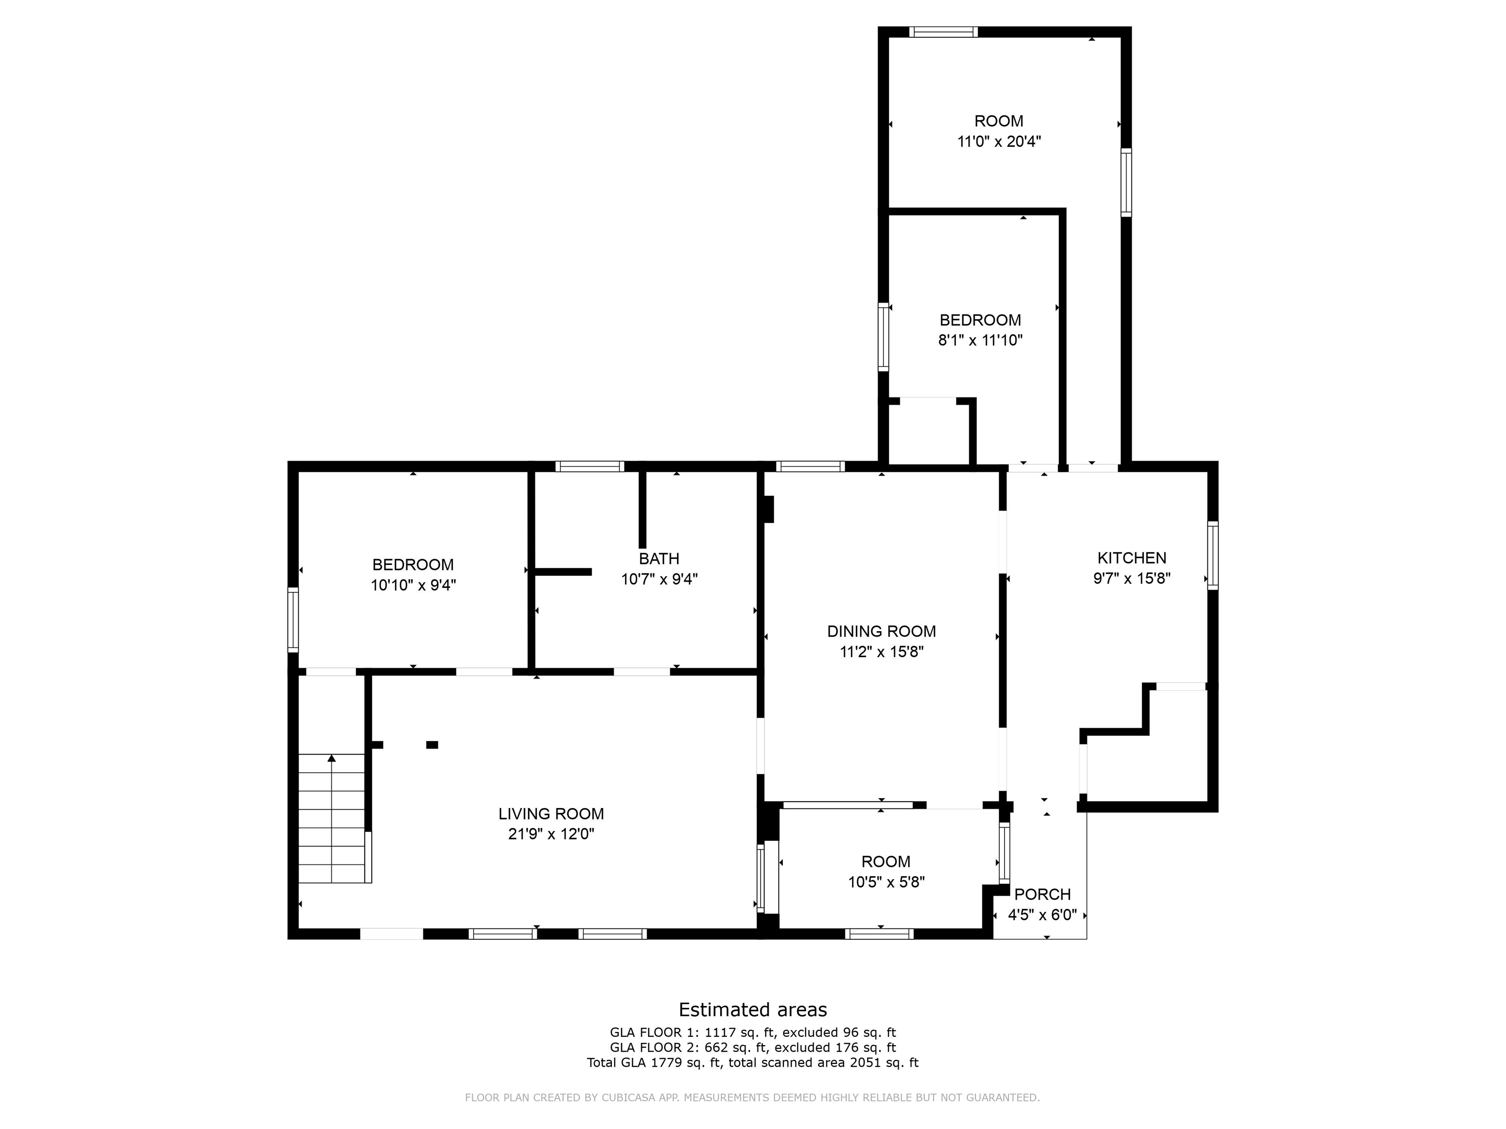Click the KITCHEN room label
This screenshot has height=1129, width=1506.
(1131, 558)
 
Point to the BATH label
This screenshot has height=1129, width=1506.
(658, 559)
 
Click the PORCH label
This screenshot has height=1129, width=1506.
(1042, 894)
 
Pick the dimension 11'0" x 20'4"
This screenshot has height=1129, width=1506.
(999, 142)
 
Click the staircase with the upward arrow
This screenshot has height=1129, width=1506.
(331, 817)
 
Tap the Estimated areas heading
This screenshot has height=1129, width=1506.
(753, 1009)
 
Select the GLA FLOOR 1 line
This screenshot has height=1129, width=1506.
(753, 1032)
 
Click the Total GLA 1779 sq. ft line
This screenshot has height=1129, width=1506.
(753, 1062)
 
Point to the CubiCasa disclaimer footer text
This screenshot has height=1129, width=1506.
(753, 1098)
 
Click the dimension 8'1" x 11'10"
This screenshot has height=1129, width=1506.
(980, 340)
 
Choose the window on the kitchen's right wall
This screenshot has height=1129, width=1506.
(1212, 555)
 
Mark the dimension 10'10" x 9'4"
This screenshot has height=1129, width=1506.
(413, 585)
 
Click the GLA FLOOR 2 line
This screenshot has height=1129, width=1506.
(753, 1047)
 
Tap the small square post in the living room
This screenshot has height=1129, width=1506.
(431, 744)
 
